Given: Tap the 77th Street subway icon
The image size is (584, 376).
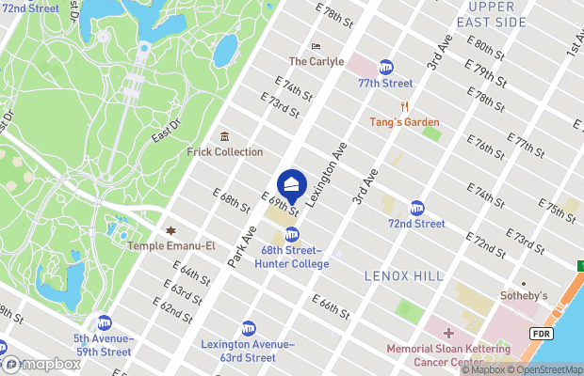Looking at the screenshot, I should coord(386,68).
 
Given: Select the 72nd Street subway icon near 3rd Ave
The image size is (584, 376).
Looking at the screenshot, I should coord(416,208).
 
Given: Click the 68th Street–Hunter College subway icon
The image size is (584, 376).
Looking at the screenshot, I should coord(292,235).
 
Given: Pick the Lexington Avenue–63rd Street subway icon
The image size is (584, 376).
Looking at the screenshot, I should coord(249,328).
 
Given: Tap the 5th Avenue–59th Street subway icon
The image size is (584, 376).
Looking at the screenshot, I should coord(104,322).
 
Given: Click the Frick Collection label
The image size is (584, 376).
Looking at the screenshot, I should coord(225,151).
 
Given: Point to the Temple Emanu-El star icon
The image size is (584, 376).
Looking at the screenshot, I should coord(170,231).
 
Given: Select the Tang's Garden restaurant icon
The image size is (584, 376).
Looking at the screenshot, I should coord(405,107).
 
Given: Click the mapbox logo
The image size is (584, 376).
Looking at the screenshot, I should coord(40,364).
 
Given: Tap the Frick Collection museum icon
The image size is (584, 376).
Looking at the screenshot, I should coord(224,137).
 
